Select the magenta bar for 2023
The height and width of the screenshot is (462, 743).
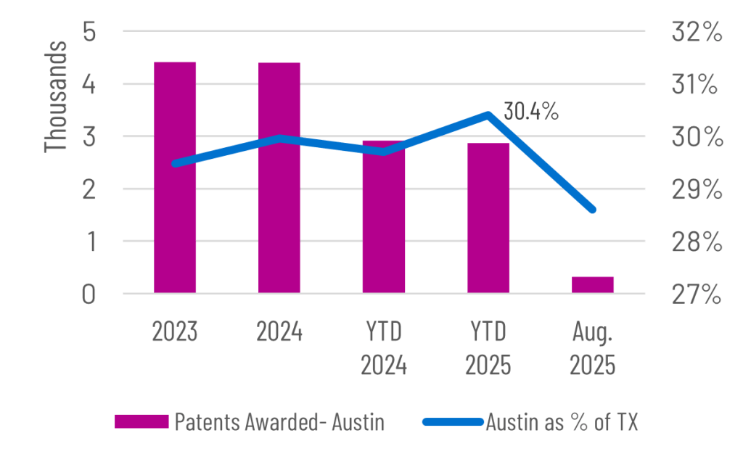click(x=175, y=178)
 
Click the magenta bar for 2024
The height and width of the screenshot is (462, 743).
click(x=279, y=178)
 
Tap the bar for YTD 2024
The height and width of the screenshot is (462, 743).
click(x=384, y=218)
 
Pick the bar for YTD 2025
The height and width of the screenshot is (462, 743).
click(x=488, y=218)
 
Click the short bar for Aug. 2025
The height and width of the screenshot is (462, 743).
click(x=593, y=284)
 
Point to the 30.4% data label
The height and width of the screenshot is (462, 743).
click(x=531, y=111)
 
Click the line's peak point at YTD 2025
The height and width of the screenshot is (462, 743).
click(x=488, y=114)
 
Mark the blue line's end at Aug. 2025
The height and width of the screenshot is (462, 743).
click(x=593, y=210)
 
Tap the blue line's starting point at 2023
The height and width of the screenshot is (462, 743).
click(x=175, y=164)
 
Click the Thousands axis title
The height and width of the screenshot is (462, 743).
click(x=57, y=96)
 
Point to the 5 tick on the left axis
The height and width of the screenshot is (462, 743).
click(x=89, y=33)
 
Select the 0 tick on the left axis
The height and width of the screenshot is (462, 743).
click(x=89, y=295)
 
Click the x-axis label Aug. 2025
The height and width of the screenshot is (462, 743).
click(x=593, y=349)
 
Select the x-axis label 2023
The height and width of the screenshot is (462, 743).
click(x=175, y=333)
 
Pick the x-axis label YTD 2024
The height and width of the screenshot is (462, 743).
click(x=384, y=349)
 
